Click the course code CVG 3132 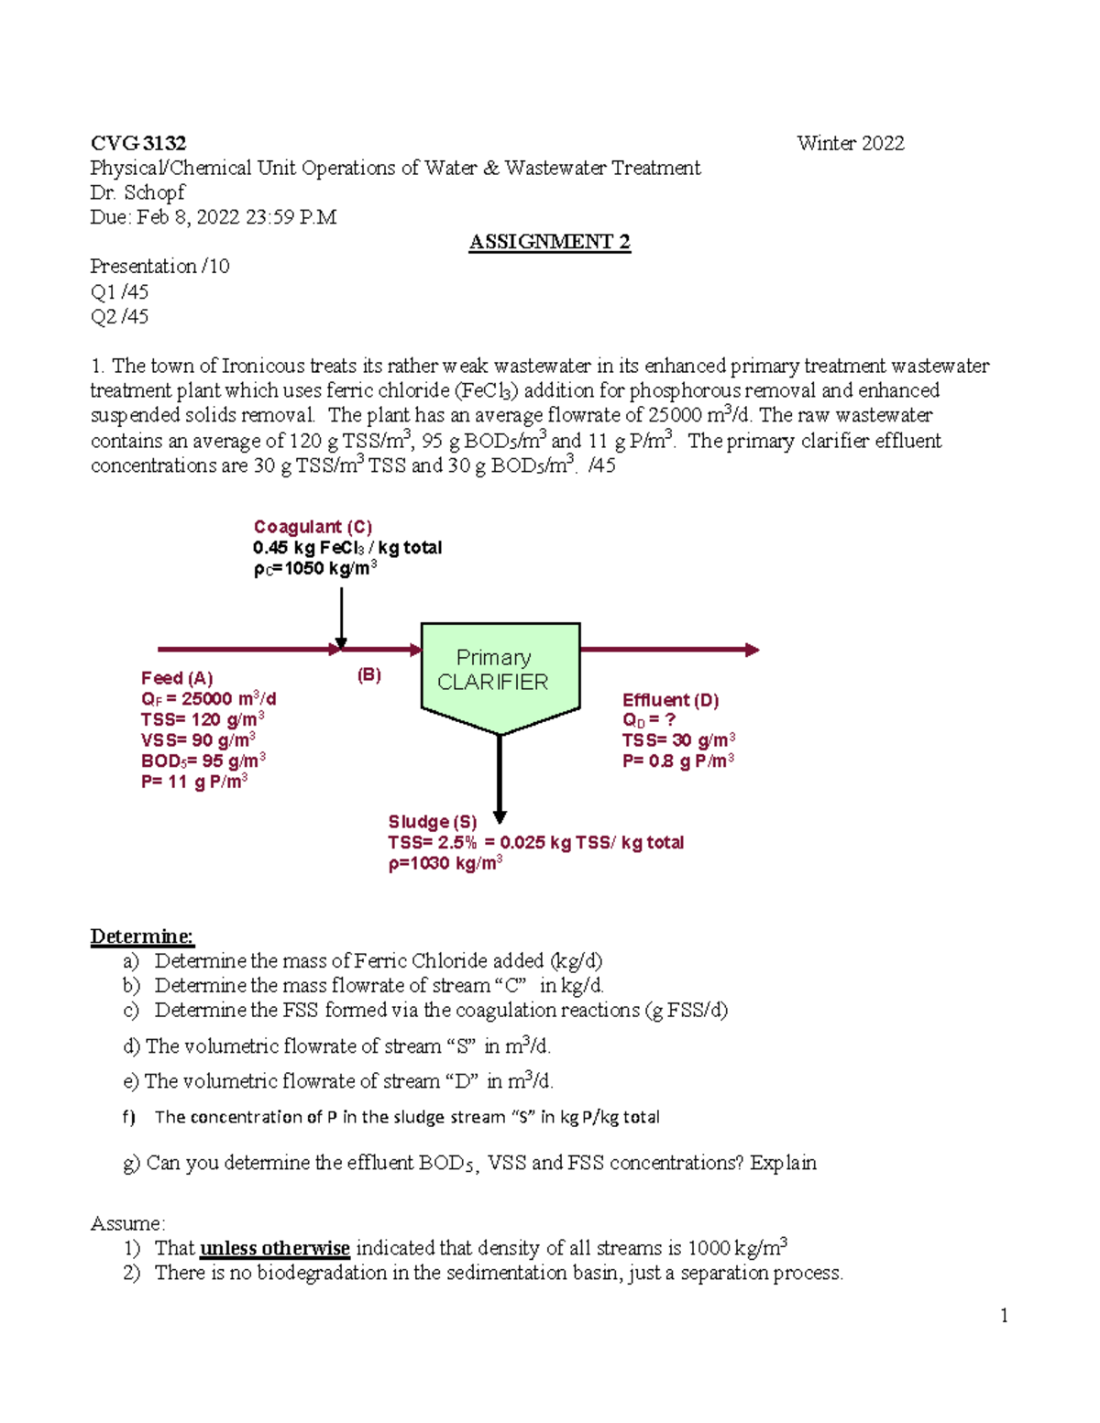point(138,143)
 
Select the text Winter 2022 point(850,143)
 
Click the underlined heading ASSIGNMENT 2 point(549,242)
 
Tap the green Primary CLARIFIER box point(500,673)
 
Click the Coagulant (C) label point(313,527)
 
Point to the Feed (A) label point(177,678)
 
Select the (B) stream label point(368,675)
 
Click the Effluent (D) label point(670,700)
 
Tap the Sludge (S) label point(432,822)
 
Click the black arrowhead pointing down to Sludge point(500,815)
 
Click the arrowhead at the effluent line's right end point(752,650)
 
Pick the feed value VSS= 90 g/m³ point(198,739)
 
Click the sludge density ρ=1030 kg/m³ point(445,863)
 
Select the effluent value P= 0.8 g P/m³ point(677,761)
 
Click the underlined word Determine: point(142,936)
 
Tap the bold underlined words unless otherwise point(275,1248)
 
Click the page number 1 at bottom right point(1005,1316)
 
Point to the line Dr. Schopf point(137,192)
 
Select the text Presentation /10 point(159,267)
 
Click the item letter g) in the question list point(131,1163)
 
